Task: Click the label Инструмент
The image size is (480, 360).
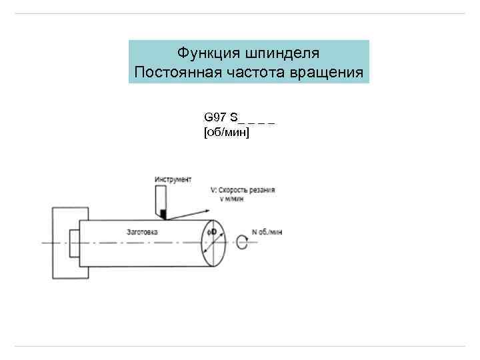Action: click(x=173, y=179)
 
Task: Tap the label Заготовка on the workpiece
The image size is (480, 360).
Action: click(x=141, y=231)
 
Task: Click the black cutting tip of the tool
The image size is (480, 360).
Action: click(x=162, y=214)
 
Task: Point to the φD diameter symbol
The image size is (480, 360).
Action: click(x=218, y=232)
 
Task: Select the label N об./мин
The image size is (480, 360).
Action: click(x=267, y=232)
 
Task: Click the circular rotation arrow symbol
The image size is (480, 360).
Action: click(x=241, y=243)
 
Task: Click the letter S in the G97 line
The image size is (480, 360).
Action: click(x=233, y=117)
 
